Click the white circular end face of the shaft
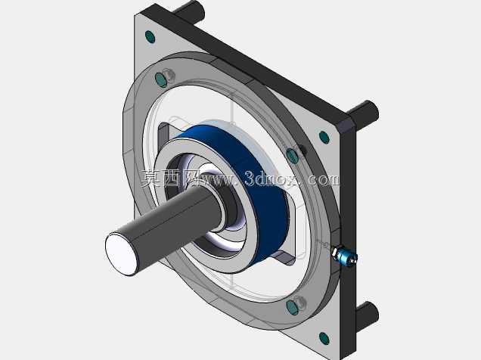[x=122, y=253]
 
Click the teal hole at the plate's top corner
[x=150, y=37]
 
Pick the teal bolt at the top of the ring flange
[x=161, y=80]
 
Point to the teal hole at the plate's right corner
[x=324, y=138]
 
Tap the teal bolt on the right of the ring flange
[x=292, y=156]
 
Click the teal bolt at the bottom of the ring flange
[x=292, y=308]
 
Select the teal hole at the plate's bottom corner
[x=324, y=338]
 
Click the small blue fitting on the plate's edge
[x=345, y=256]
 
